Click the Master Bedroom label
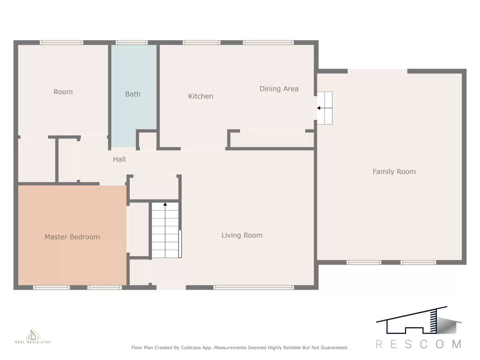pyautogui.click(x=72, y=237)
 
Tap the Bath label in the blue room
pyautogui.click(x=133, y=94)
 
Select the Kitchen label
pyautogui.click(x=200, y=96)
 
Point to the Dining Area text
pyautogui.click(x=279, y=89)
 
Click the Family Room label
pyautogui.click(x=394, y=172)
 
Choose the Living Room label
pyautogui.click(x=242, y=235)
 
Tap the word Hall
pyautogui.click(x=119, y=159)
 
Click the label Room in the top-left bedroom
pyautogui.click(x=63, y=92)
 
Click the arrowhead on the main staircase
pyautogui.click(x=165, y=204)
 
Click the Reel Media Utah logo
pyautogui.click(x=33, y=336)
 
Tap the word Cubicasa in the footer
pyautogui.click(x=191, y=348)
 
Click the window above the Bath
pyautogui.click(x=132, y=43)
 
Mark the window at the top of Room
pyautogui.click(x=61, y=43)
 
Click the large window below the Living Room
pyautogui.click(x=253, y=287)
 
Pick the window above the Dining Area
pyautogui.click(x=268, y=43)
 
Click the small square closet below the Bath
pyautogui.click(x=147, y=140)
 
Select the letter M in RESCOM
pyautogui.click(x=456, y=344)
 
